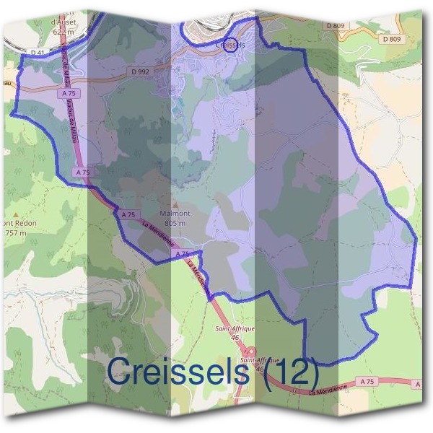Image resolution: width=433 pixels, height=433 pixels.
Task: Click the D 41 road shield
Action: pos(38,53)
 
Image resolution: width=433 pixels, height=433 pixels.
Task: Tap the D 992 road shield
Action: pos(140,71)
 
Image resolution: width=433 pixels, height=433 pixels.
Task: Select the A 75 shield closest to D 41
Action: pos(70,93)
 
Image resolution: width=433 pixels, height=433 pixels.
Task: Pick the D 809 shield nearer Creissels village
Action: pos(336,26)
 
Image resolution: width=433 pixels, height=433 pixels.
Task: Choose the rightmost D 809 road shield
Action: pos(391,39)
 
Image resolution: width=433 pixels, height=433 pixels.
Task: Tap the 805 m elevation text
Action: pos(175,224)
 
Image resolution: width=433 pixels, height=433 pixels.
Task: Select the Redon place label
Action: pos(22,224)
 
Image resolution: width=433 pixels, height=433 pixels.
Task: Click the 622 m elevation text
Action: pos(64,32)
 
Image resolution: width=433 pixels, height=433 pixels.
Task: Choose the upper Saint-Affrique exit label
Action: pos(235,328)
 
